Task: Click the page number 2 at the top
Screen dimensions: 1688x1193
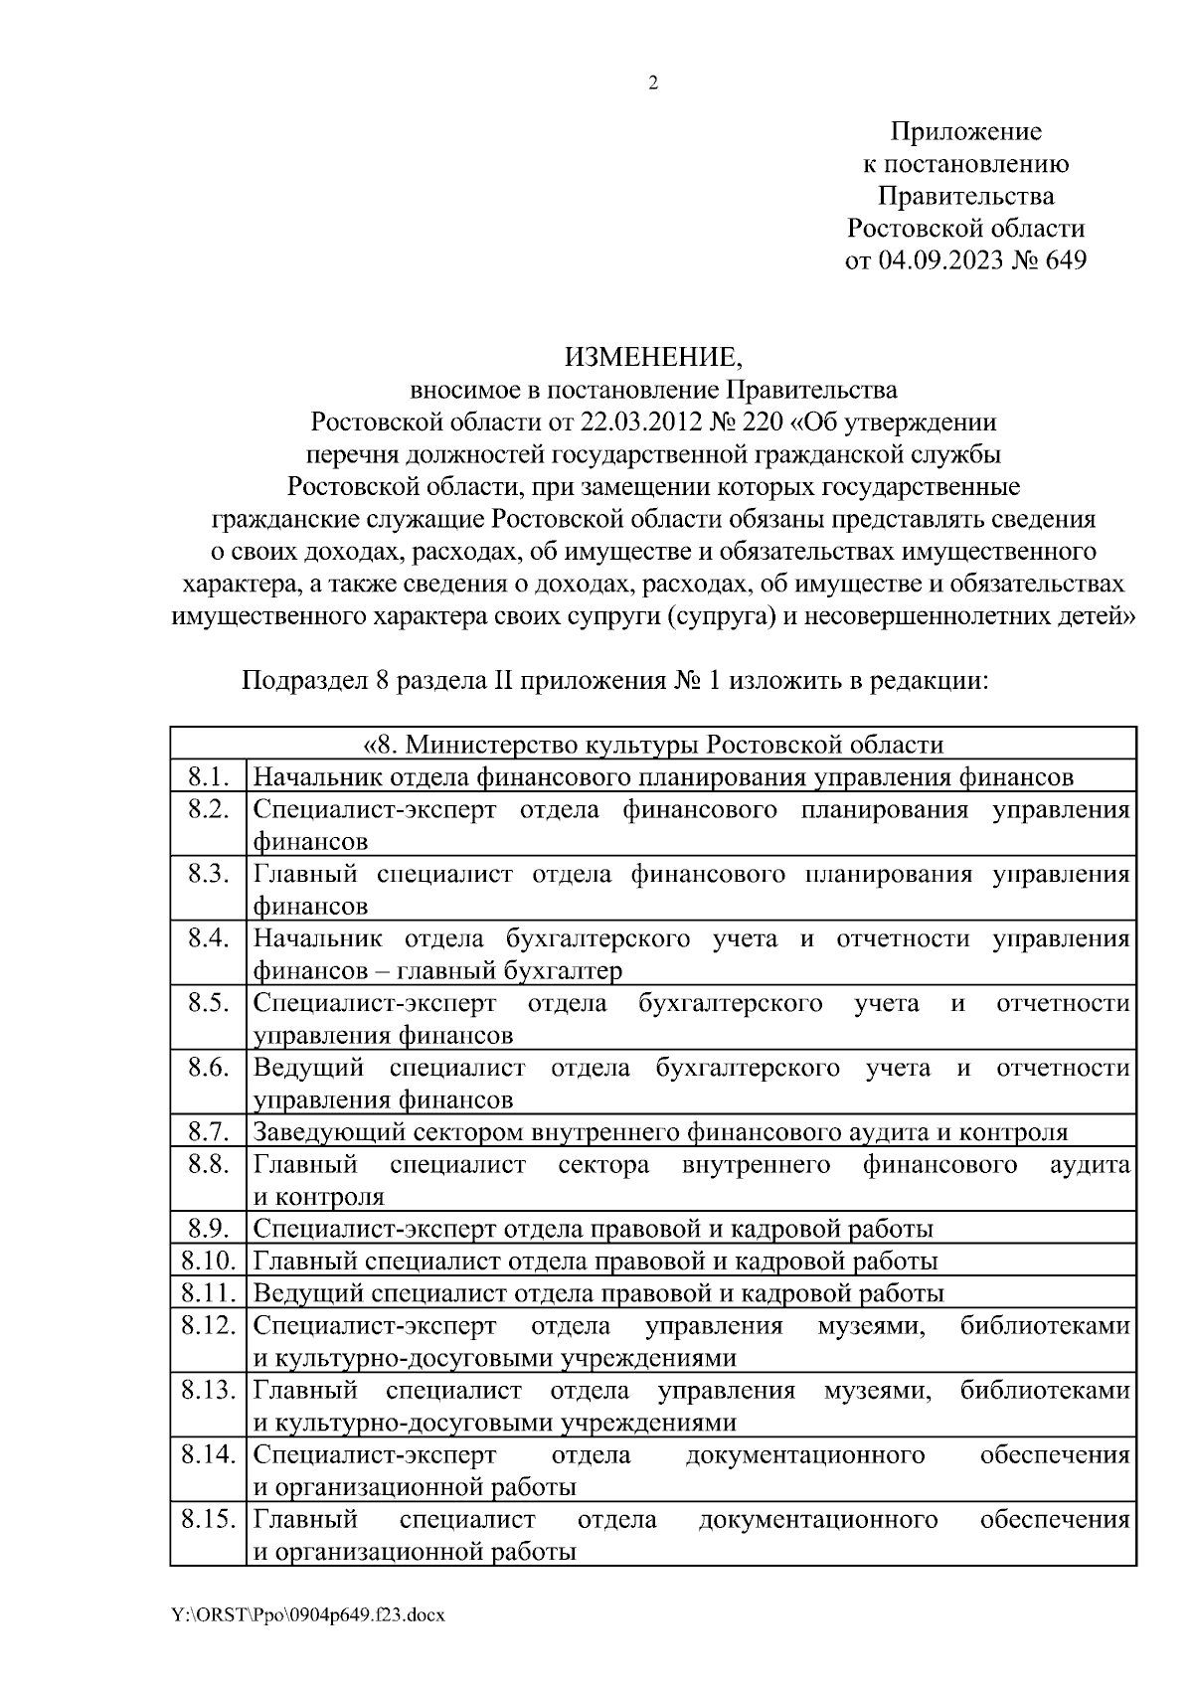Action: click(x=653, y=84)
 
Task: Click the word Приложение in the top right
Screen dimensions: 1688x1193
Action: click(x=965, y=132)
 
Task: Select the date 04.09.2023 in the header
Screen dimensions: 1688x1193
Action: click(x=941, y=260)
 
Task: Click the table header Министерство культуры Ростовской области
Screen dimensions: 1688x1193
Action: click(x=653, y=745)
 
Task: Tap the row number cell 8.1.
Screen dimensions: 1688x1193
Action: click(x=208, y=776)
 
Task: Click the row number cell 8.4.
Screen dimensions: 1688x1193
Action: click(x=208, y=938)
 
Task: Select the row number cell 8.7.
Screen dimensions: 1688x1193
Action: click(x=208, y=1132)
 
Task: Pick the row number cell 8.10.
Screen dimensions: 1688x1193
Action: click(x=208, y=1262)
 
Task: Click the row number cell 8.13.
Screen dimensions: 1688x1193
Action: click(x=208, y=1390)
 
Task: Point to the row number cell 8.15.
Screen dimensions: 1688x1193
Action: click(x=208, y=1519)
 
